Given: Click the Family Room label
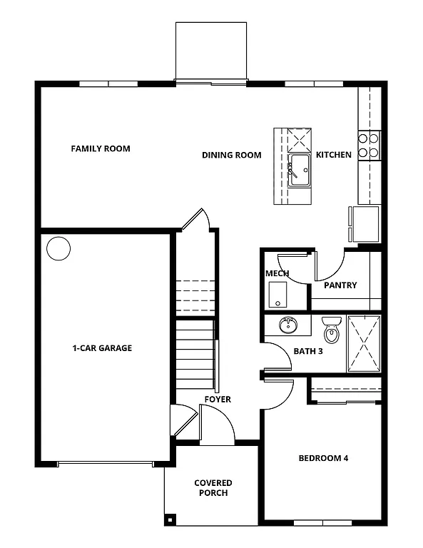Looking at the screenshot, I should coord(101,149).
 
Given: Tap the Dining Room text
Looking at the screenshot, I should coord(231,155).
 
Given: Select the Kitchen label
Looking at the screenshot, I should coord(333,155).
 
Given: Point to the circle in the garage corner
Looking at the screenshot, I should coord(58,249).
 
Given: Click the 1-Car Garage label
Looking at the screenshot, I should coord(102,348).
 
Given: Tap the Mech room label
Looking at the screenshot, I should coord(277,273).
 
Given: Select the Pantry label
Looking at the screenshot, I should coord(340,285).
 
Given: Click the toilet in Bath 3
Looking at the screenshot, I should coord(332,330).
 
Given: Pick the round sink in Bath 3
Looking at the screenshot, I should coord(288,325).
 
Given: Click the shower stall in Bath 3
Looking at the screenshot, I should coord(364,342).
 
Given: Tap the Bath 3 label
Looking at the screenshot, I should coord(308,350).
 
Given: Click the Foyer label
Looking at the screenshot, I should coord(218,400).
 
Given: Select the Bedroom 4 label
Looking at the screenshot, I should coord(323,458).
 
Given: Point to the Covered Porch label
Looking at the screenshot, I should coord(213,488).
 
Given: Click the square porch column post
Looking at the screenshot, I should coord(169,519).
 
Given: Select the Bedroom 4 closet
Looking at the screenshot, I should coord(345,390).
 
